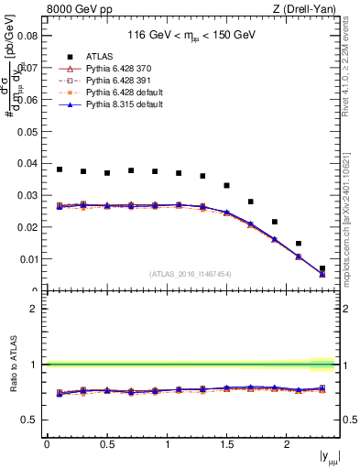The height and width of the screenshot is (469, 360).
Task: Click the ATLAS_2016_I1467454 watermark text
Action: coord(191,274)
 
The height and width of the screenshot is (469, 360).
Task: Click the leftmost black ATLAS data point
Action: coord(60,169)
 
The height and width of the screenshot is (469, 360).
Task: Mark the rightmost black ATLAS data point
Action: coord(322,268)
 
